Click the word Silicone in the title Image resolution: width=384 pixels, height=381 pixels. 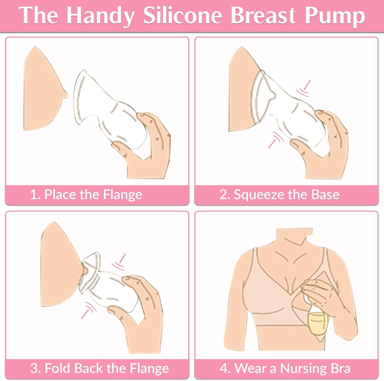click(183, 16)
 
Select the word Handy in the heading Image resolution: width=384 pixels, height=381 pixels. click(100, 16)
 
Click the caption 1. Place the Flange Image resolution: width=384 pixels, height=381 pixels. click(86, 194)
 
